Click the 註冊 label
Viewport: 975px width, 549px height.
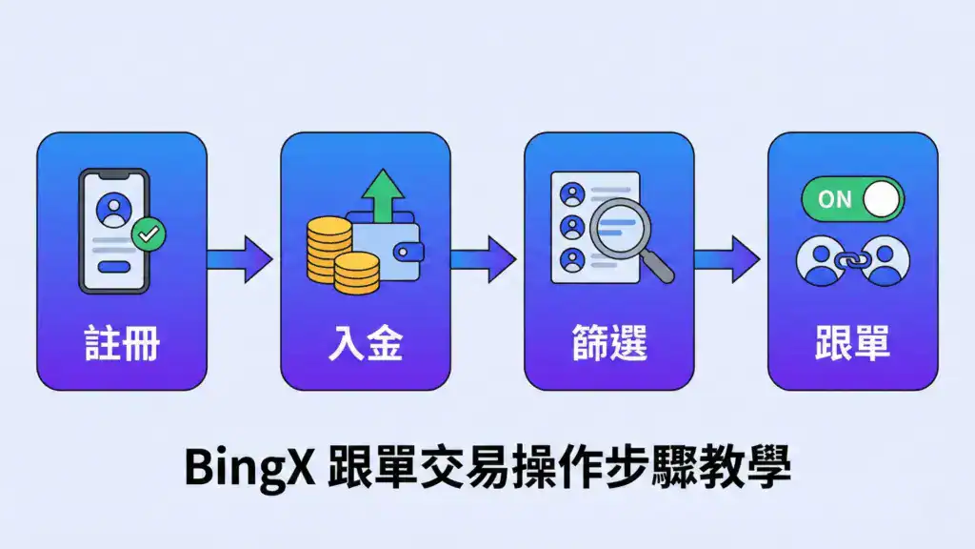tap(122, 344)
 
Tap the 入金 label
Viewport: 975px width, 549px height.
tap(366, 344)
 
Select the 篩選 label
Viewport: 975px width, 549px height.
tap(609, 344)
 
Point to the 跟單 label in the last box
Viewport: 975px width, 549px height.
tap(853, 344)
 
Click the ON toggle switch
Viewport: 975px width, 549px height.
tap(852, 198)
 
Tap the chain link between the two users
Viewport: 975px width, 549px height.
tap(852, 259)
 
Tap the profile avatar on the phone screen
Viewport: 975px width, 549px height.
tap(113, 209)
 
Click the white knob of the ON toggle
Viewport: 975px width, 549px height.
tap(882, 198)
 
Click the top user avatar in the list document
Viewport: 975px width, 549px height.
tap(572, 194)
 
